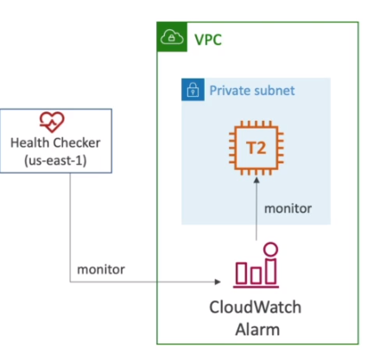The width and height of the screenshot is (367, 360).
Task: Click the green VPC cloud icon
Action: click(x=172, y=37)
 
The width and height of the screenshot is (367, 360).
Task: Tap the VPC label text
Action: click(x=208, y=40)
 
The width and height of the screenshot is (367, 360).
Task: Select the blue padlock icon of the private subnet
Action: click(x=193, y=90)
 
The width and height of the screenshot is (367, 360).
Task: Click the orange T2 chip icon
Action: click(x=256, y=148)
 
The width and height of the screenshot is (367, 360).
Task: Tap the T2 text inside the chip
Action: click(x=256, y=148)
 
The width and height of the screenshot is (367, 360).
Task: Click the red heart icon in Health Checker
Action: click(x=52, y=122)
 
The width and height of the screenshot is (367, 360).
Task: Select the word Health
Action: click(x=29, y=142)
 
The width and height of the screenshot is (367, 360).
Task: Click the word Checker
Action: click(x=77, y=142)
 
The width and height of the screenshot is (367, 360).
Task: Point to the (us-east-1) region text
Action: click(x=55, y=161)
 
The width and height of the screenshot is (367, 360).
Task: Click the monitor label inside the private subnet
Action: click(x=288, y=209)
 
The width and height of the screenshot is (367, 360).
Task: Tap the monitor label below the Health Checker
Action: click(x=101, y=269)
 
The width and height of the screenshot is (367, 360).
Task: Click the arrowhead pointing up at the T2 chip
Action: click(x=256, y=180)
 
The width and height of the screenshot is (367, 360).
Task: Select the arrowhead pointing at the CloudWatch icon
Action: click(x=218, y=281)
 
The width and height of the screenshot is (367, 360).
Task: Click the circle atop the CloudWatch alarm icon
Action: click(x=270, y=249)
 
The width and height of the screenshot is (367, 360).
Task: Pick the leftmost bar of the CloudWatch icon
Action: click(x=242, y=273)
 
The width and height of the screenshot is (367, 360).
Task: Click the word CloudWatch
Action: click(x=255, y=307)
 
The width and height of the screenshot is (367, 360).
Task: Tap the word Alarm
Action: click(x=257, y=330)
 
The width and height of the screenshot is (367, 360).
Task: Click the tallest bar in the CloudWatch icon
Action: click(x=270, y=271)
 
